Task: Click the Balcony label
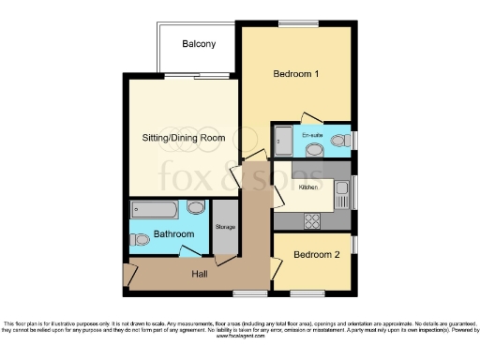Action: (x=199, y=44)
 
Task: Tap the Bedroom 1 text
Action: (x=296, y=73)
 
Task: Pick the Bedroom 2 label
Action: (x=313, y=254)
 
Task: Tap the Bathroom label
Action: (x=174, y=233)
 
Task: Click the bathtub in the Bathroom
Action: (x=156, y=209)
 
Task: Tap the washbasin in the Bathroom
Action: (x=196, y=208)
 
